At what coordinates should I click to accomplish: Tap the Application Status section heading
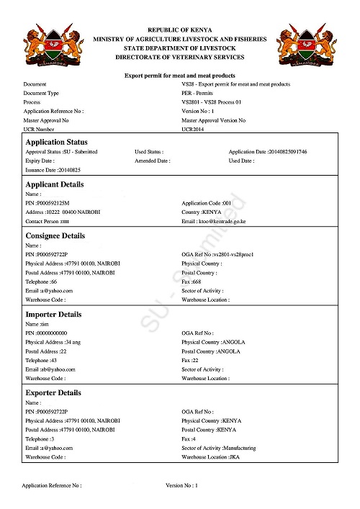point(57,143)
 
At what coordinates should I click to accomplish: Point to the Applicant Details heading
point(55,184)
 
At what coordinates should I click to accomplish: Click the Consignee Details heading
point(55,235)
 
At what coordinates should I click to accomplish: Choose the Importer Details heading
point(53,315)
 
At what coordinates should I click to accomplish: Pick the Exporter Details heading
point(54,393)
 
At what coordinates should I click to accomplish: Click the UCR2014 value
point(195,129)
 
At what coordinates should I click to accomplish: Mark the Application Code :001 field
point(206,204)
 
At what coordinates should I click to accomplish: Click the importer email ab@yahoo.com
point(50,369)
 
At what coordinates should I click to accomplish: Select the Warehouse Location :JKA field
point(211,456)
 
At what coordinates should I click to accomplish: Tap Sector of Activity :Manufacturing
point(219,448)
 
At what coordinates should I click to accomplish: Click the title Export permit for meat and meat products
point(180,76)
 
